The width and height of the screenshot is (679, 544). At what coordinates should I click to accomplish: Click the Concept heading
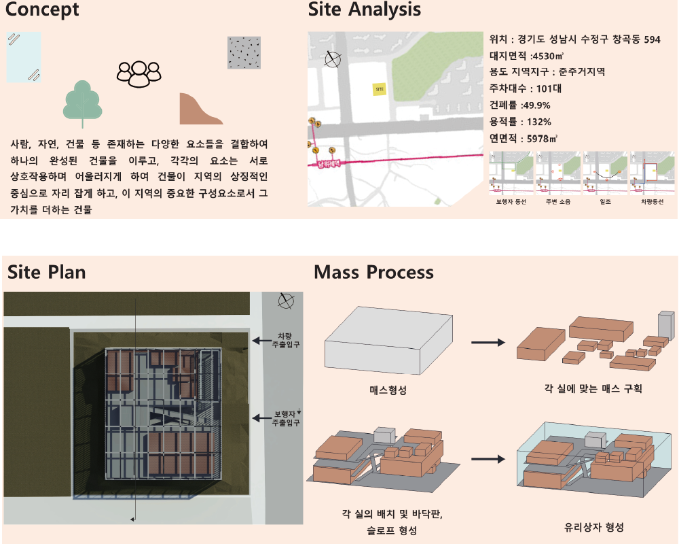coord(42,10)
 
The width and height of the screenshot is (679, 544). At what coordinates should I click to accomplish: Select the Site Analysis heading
coord(365,10)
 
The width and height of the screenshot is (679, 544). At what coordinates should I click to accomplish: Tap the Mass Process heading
coord(373,273)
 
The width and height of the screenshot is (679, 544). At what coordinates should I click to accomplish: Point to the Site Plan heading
coord(47,273)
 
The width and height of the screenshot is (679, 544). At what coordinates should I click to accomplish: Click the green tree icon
coord(83,103)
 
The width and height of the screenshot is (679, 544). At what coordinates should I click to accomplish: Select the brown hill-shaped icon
coord(200,109)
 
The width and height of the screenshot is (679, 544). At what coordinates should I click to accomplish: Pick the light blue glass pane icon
coord(24,57)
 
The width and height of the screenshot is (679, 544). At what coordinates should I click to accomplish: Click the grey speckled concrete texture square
coord(244,52)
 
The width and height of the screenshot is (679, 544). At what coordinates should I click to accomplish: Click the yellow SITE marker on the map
coord(380,88)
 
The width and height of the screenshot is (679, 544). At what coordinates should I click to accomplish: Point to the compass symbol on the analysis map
coord(332,59)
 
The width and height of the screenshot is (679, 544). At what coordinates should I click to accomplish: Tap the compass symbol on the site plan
coord(287,301)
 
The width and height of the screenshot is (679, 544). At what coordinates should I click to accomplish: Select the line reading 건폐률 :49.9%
coord(519,105)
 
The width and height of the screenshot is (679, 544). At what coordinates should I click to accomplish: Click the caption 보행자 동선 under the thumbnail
coord(511,202)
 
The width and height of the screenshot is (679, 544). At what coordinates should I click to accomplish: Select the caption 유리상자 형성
coord(594,527)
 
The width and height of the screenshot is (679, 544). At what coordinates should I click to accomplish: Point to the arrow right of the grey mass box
coord(488,343)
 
